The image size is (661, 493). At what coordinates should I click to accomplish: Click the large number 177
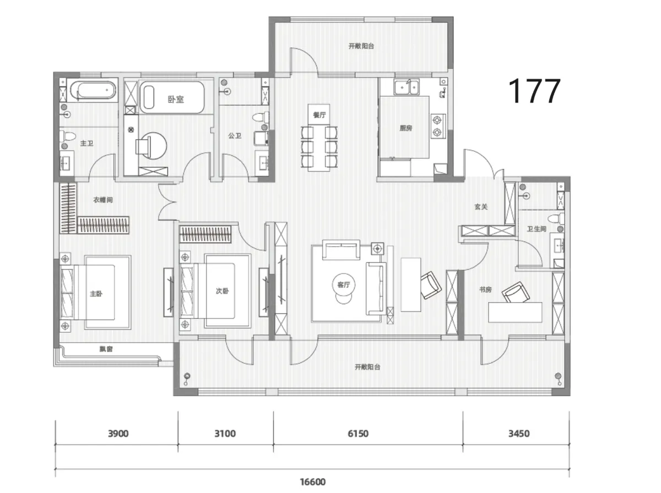[x=534, y=91]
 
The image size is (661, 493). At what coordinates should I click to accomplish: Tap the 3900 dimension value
[x=118, y=434]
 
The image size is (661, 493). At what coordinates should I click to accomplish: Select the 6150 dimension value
[x=358, y=434]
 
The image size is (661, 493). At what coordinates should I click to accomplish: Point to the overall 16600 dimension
[x=313, y=482]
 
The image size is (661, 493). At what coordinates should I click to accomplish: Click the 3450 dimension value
[x=519, y=434]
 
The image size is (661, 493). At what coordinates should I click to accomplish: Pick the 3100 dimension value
[x=225, y=434]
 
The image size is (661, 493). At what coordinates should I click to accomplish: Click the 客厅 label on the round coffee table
[x=344, y=284]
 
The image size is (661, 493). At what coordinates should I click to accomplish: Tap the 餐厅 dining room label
[x=319, y=115]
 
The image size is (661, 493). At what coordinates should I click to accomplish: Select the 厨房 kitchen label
[x=405, y=128]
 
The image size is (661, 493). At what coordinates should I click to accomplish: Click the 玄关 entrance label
[x=481, y=207]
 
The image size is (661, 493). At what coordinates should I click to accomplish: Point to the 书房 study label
[x=485, y=289]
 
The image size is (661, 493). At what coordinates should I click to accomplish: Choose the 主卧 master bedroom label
[x=96, y=294]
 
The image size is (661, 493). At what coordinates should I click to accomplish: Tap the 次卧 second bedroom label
[x=222, y=291]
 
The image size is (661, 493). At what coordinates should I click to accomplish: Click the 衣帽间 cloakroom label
[x=103, y=200]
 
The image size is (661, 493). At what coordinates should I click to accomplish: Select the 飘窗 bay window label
[x=106, y=349]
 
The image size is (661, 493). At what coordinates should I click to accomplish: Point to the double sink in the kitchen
[x=407, y=87]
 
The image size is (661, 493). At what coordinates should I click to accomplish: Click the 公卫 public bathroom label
[x=235, y=136]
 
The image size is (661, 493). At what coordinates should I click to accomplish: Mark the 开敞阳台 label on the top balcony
[x=361, y=46]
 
